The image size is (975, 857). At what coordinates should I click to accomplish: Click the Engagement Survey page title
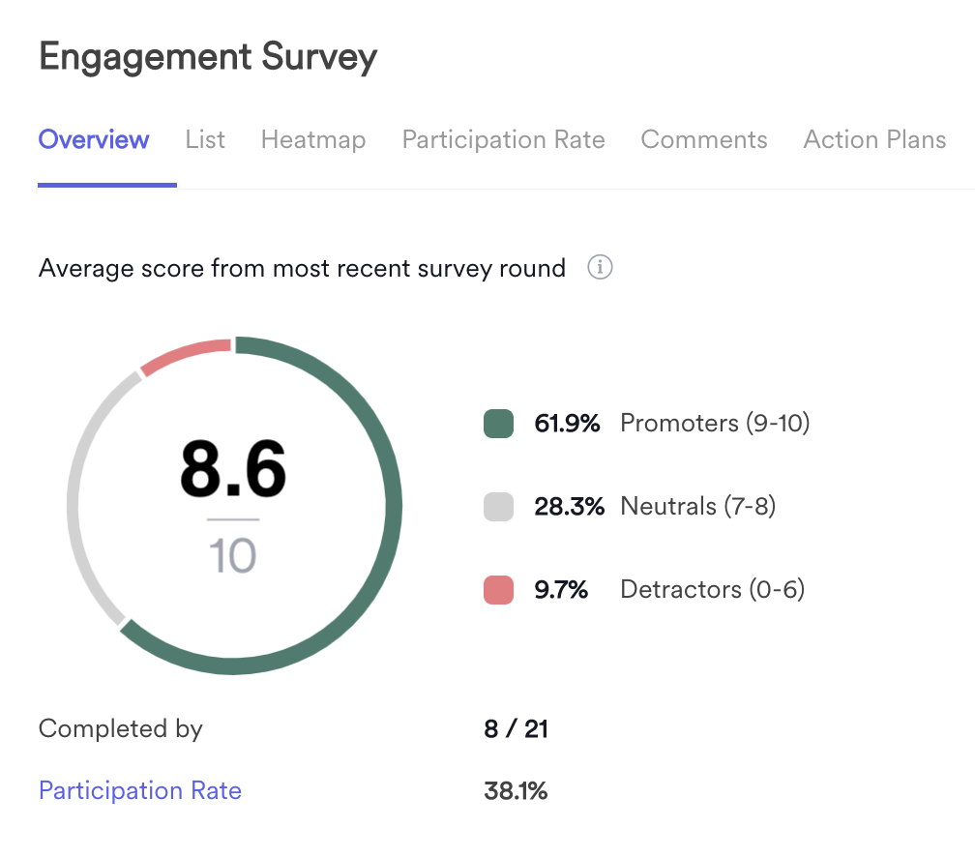click(x=208, y=58)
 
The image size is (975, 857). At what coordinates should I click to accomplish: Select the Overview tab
click(x=94, y=140)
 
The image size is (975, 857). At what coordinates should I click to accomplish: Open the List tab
click(x=205, y=140)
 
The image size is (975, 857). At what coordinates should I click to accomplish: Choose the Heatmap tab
click(x=313, y=140)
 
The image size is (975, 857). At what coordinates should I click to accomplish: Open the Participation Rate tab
click(x=503, y=140)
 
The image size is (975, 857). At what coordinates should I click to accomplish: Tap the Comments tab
click(x=704, y=140)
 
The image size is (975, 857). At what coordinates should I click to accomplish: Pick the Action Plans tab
click(x=874, y=140)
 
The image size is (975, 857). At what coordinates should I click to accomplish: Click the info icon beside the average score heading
click(x=600, y=268)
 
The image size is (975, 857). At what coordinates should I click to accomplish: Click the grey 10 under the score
click(x=233, y=556)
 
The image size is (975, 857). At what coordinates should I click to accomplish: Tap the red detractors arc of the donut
click(x=184, y=355)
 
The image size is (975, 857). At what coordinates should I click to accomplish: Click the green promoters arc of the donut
click(x=387, y=503)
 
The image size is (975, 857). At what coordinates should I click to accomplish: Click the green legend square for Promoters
click(x=498, y=424)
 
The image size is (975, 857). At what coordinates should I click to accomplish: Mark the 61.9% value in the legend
click(x=567, y=424)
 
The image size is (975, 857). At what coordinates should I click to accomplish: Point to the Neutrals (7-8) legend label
click(x=697, y=506)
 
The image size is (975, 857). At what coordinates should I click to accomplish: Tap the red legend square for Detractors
click(x=498, y=589)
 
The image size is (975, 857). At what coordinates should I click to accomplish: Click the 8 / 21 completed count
click(x=516, y=729)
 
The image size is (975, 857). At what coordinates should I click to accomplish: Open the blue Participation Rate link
click(x=140, y=791)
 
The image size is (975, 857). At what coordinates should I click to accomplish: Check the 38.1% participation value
click(x=516, y=791)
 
